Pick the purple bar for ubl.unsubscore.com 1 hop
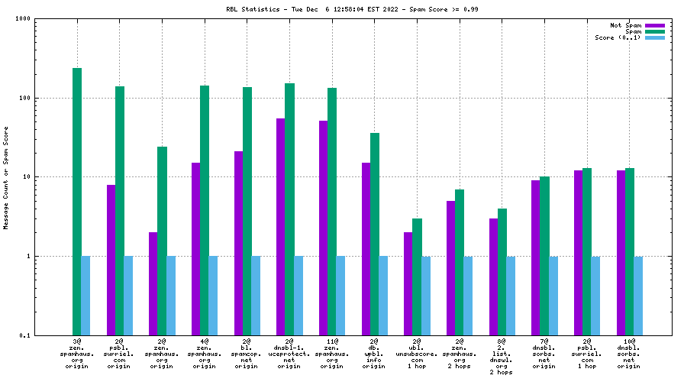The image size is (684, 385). point(408,283)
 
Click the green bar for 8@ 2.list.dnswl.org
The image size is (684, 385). point(502,271)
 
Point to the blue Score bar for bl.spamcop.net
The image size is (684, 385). point(256,295)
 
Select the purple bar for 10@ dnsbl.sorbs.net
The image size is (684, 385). point(621,252)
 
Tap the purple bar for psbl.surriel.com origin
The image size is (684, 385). point(111,260)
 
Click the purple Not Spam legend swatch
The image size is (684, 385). point(655,25)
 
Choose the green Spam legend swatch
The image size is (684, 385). point(655,31)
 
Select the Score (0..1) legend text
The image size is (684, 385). point(618,37)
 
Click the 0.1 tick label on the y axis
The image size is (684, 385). point(24,335)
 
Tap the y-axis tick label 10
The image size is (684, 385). point(25,177)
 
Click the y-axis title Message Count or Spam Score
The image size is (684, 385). point(6,177)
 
